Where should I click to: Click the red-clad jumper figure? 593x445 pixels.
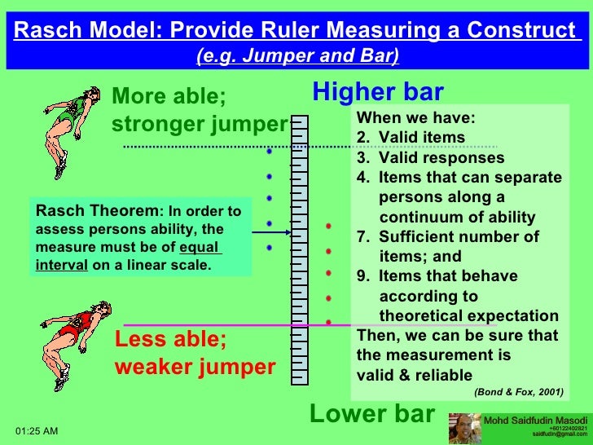[73, 331]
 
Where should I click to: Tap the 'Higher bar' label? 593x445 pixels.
[377, 91]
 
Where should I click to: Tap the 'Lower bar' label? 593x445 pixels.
[372, 414]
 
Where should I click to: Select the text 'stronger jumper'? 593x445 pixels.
[200, 125]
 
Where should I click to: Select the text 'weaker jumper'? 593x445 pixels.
[195, 367]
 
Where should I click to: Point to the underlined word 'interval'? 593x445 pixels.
[62, 265]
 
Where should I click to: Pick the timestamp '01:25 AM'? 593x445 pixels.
[37, 430]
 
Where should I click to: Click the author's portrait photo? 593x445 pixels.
[464, 428]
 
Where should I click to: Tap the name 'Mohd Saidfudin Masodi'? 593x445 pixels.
[535, 420]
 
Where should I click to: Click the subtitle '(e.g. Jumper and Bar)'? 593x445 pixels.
[297, 55]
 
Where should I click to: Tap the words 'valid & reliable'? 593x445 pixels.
[414, 375]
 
